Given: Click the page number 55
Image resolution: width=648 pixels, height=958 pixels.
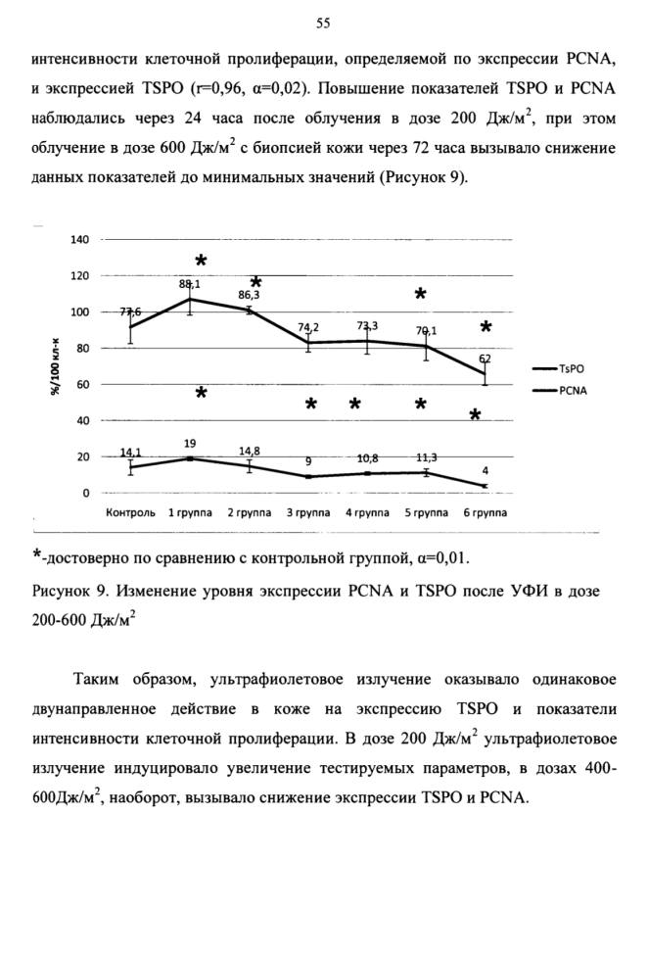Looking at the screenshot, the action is (x=323, y=24).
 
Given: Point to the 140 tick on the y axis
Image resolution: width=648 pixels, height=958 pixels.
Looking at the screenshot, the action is (x=80, y=239).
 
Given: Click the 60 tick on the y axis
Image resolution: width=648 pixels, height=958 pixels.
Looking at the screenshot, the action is (x=83, y=384).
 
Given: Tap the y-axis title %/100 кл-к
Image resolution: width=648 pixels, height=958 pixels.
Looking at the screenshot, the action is (x=55, y=365).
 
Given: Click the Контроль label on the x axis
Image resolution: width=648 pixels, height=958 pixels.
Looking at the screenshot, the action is (x=131, y=512).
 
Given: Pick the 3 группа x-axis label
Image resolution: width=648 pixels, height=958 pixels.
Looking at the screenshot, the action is (x=308, y=512).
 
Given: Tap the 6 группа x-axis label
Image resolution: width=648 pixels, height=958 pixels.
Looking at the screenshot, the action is (x=485, y=512).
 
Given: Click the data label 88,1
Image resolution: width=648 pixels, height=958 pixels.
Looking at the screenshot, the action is (x=190, y=283).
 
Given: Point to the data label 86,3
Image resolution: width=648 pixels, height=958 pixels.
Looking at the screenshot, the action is (x=249, y=295).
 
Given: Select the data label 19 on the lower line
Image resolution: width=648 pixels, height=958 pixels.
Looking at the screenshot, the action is (x=190, y=444).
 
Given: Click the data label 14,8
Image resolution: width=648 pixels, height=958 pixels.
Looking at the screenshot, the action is (x=250, y=451).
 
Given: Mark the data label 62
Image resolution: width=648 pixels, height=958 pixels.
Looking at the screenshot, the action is (x=485, y=359).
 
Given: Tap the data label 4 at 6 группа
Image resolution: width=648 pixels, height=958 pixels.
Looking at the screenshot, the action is (x=485, y=471).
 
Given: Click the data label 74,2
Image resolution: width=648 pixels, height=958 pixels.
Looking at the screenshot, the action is (x=308, y=327).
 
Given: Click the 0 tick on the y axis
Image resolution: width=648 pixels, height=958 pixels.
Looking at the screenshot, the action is (x=86, y=493).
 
